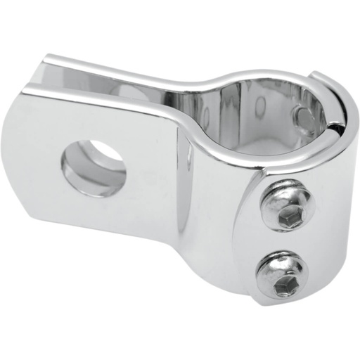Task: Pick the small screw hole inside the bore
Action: [x=303, y=115]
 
